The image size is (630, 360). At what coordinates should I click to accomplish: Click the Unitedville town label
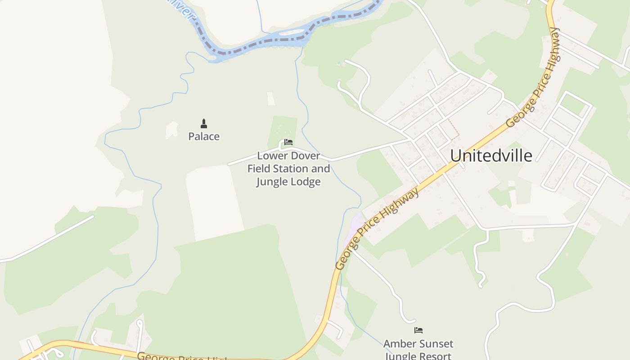[x=491, y=156]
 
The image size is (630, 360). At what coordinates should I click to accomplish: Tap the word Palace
[x=204, y=136]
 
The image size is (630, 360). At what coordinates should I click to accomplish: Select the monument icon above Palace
[x=204, y=124]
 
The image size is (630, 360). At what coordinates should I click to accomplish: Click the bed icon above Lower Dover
[x=288, y=142]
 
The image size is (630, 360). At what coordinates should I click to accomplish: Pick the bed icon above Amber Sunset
[x=418, y=330]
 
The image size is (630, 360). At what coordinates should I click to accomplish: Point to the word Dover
[x=305, y=156]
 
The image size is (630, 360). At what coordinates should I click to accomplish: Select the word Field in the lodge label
[x=258, y=169]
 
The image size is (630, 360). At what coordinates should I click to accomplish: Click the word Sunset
[x=436, y=344]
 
